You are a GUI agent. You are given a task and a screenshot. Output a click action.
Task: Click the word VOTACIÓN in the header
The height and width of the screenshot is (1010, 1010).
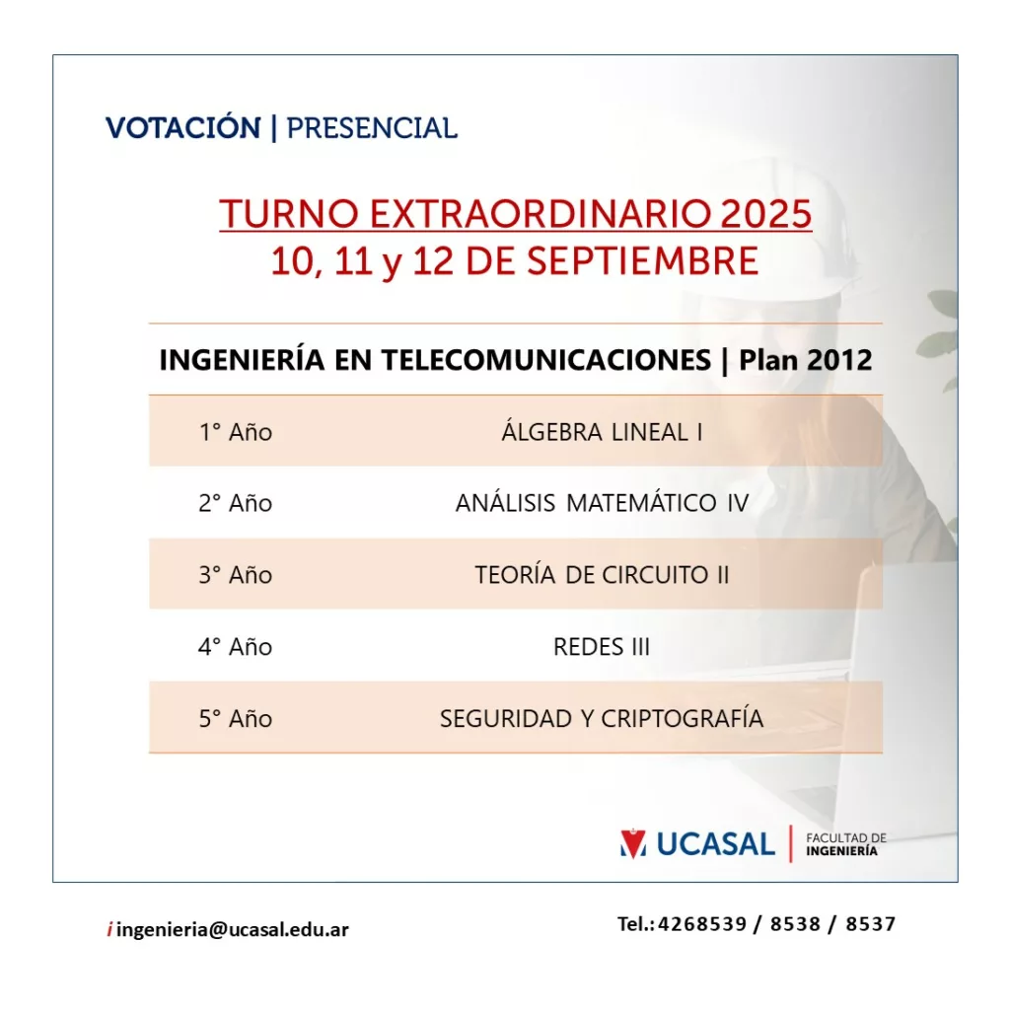click(x=183, y=127)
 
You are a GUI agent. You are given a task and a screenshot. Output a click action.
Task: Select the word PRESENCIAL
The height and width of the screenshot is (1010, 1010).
click(x=372, y=128)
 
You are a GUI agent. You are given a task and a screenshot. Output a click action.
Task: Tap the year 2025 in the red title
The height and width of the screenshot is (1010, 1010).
click(x=765, y=213)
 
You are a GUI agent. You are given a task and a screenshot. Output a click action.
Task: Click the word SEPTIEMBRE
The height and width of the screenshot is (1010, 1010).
click(x=642, y=260)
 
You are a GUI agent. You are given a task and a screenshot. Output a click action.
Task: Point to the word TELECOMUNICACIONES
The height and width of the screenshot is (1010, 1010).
click(x=546, y=359)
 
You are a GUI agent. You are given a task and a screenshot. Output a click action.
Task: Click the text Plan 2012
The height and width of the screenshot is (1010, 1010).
click(x=806, y=359)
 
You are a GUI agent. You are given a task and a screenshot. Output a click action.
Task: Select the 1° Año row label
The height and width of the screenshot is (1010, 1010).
click(x=235, y=432)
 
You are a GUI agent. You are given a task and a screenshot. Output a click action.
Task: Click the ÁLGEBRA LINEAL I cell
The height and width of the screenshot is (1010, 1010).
click(x=602, y=431)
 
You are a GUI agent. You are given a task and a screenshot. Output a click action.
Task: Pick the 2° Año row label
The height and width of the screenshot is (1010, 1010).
click(x=235, y=503)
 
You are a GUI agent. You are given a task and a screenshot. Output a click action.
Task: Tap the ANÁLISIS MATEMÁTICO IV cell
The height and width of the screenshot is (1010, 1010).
click(x=602, y=502)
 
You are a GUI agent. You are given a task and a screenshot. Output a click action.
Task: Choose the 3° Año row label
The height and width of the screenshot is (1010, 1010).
click(x=235, y=575)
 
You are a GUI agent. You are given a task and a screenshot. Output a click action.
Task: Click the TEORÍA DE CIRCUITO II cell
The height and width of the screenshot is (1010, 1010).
click(x=602, y=574)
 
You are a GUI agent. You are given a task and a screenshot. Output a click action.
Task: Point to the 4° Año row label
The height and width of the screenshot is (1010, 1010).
click(x=235, y=646)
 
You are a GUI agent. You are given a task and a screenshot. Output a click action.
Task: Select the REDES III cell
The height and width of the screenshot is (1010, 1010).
click(x=602, y=646)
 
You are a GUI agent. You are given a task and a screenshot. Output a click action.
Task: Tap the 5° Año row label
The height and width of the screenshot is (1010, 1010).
click(x=235, y=718)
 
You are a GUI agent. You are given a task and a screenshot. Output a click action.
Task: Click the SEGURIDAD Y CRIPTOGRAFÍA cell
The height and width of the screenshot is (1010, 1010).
click(x=602, y=718)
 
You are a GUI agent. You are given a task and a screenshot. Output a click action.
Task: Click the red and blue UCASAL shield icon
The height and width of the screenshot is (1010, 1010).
click(x=633, y=843)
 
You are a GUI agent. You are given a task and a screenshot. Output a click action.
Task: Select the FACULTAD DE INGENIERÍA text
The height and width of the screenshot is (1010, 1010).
click(x=845, y=844)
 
